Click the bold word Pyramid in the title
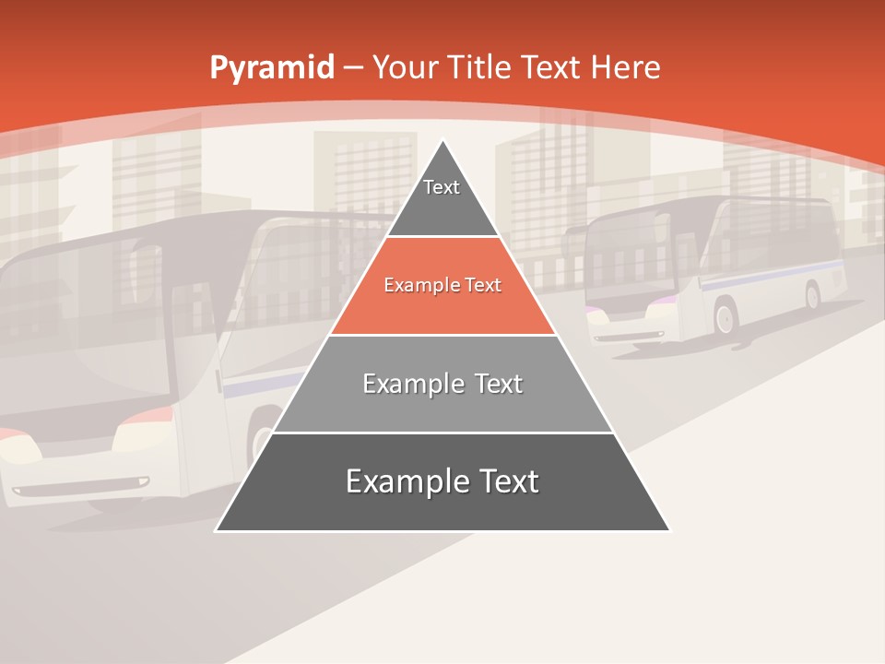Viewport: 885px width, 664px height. point(271,68)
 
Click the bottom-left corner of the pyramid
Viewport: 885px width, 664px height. point(218,529)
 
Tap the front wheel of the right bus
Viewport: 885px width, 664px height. point(725,318)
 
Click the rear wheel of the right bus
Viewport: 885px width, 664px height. point(812,295)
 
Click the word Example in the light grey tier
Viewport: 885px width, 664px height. point(404,384)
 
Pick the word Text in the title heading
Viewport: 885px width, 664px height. point(550,67)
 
